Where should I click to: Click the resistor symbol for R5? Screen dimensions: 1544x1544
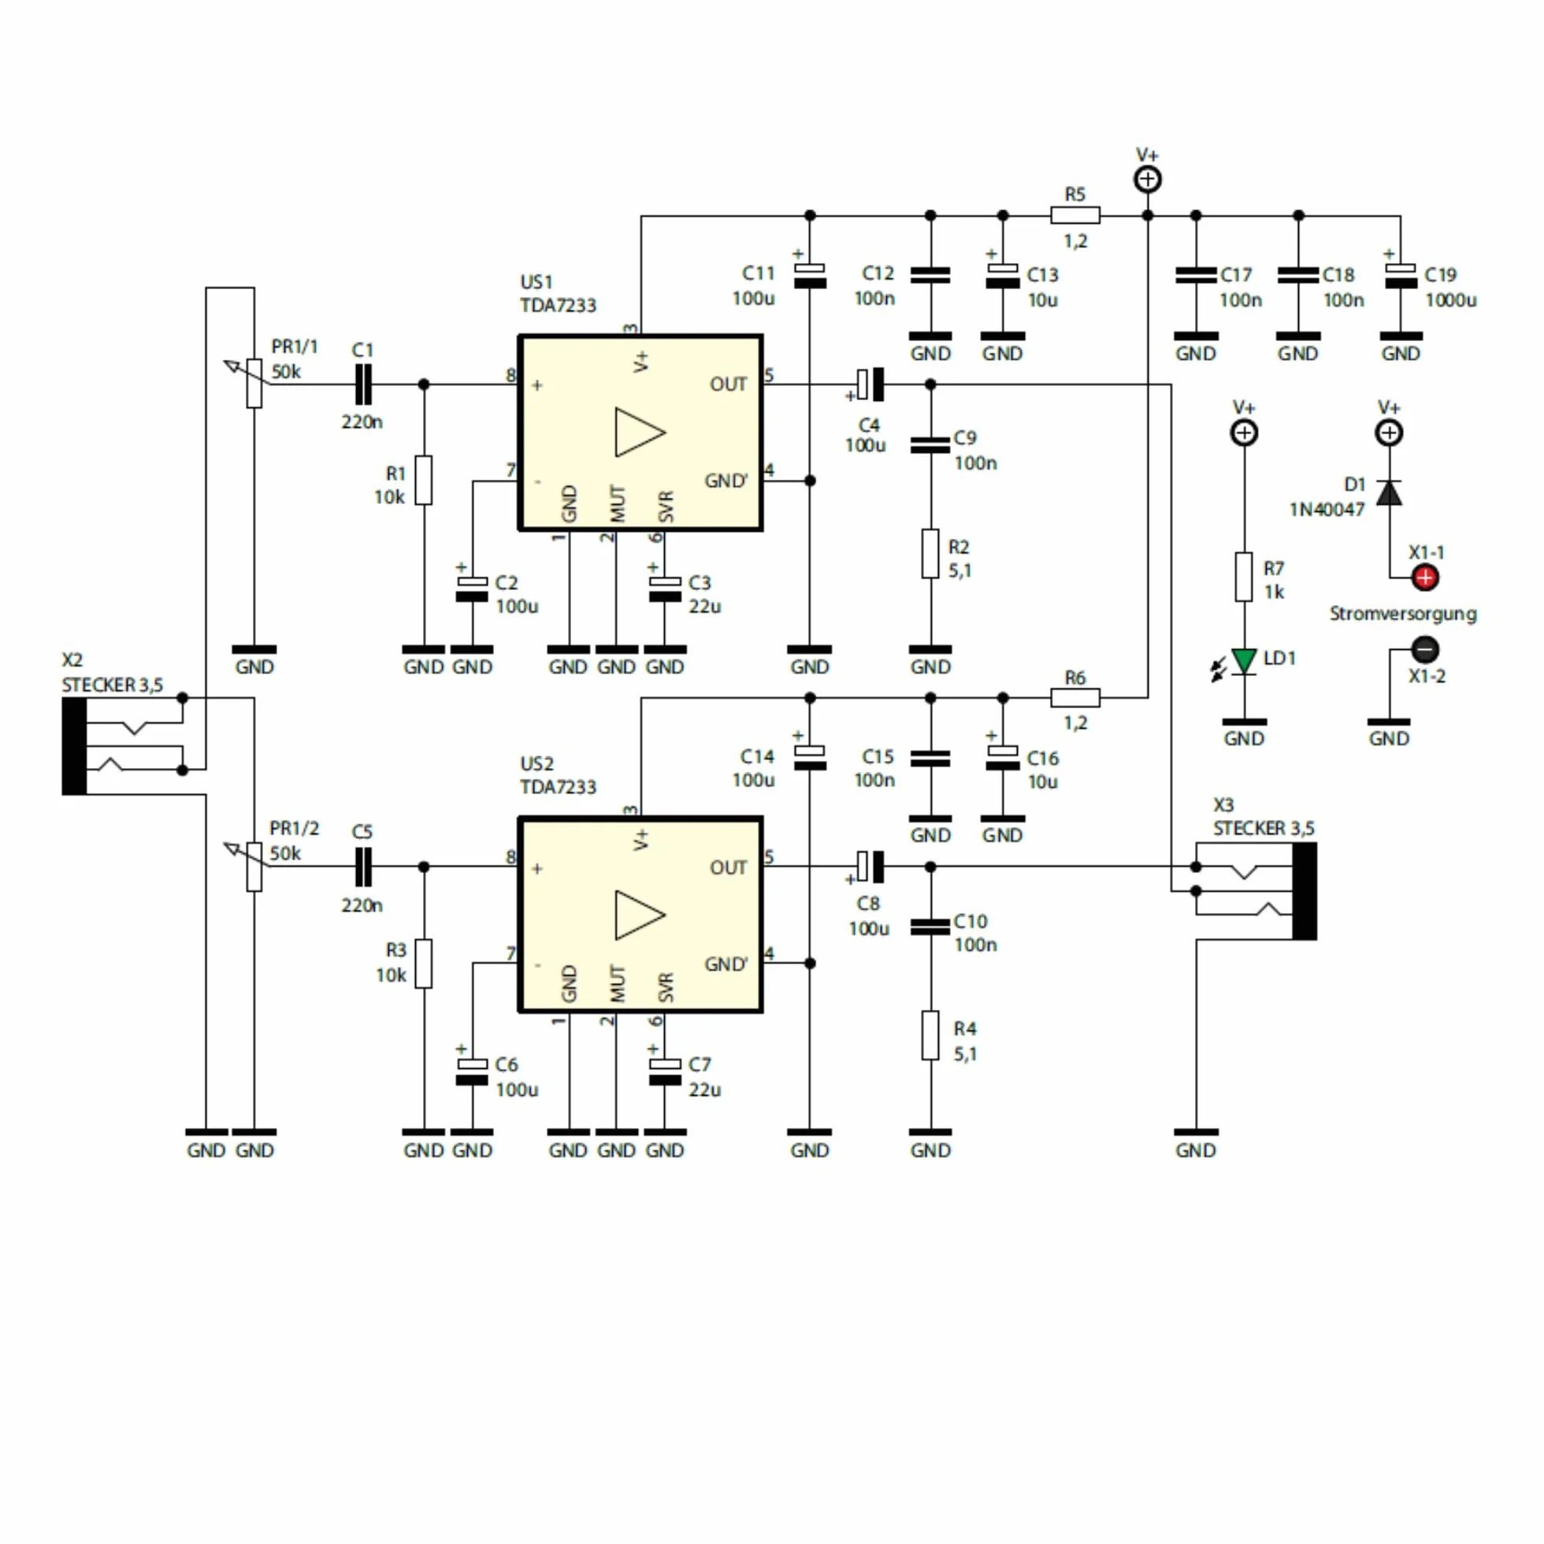pos(1074,215)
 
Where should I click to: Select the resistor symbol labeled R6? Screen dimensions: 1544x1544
pos(1074,698)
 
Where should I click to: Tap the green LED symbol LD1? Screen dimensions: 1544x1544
pos(1244,662)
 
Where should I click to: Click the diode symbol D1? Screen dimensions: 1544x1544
pos(1389,493)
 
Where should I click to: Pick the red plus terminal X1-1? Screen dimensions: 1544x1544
pos(1425,577)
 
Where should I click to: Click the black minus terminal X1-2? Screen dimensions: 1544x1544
pos(1425,649)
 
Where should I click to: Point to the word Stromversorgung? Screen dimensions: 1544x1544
pos(1402,614)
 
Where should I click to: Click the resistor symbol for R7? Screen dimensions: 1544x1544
pos(1244,577)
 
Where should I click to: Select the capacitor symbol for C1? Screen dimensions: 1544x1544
pos(363,384)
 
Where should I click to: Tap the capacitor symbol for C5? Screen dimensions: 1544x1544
pos(363,867)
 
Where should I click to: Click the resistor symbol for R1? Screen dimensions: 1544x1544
pos(424,481)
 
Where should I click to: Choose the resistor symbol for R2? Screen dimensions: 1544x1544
pos(930,553)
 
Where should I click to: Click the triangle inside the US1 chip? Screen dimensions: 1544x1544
pos(640,432)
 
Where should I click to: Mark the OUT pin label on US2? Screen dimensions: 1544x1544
pos(728,868)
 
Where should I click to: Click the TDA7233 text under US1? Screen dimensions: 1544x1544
pos(558,306)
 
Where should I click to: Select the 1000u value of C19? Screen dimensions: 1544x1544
pos(1450,300)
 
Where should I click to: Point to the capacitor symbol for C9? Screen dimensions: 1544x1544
pos(930,444)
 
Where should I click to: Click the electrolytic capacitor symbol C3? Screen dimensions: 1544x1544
pos(665,589)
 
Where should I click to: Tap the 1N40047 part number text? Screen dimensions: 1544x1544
pos(1327,510)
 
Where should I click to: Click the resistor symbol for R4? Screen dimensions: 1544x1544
pos(930,1036)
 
